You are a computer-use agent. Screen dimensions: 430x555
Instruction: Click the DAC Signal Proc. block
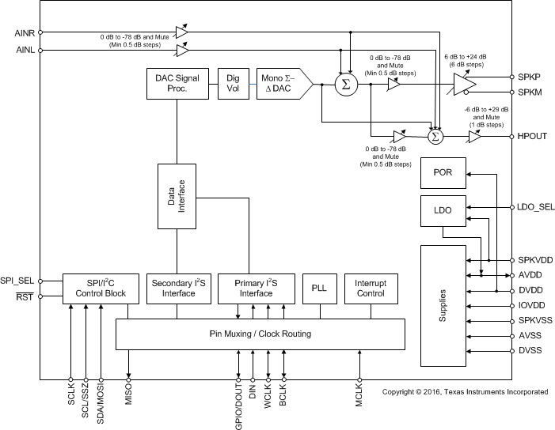(x=177, y=85)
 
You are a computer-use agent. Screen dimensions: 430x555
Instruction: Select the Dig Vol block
(x=233, y=85)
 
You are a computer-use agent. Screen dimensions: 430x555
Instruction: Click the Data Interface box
(x=177, y=193)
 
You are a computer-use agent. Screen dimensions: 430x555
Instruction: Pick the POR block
(x=443, y=172)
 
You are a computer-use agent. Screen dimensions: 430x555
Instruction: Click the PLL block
(x=320, y=288)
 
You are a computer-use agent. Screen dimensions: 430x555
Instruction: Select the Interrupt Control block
(x=370, y=288)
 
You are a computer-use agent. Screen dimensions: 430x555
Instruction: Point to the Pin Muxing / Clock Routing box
(x=260, y=334)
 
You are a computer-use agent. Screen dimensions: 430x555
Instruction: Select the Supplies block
(x=443, y=305)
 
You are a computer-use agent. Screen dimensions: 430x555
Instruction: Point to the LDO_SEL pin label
(x=535, y=207)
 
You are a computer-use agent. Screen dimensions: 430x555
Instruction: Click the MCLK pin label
(x=359, y=394)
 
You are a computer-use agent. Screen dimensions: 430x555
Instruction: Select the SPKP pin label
(x=528, y=77)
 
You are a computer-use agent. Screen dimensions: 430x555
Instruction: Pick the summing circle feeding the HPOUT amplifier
(x=435, y=137)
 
